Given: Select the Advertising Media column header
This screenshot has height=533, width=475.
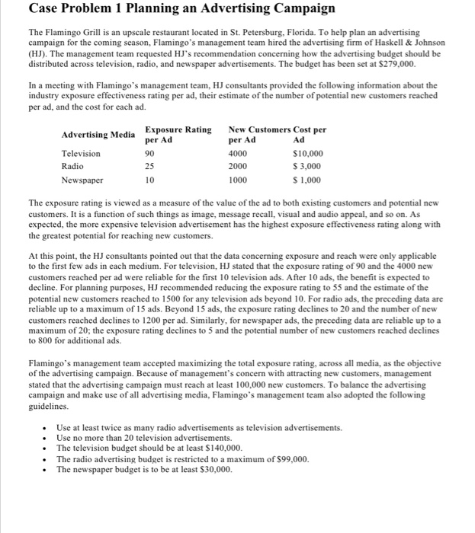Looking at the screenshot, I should click(x=98, y=135).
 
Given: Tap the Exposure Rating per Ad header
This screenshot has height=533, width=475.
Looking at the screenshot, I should click(x=178, y=135).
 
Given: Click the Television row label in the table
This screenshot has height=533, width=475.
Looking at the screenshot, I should click(x=81, y=154).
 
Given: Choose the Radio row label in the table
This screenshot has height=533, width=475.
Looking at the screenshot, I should click(x=72, y=167).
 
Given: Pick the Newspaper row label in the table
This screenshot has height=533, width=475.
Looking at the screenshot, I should click(x=82, y=180).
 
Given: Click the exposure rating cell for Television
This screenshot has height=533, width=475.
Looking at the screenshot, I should click(x=150, y=154).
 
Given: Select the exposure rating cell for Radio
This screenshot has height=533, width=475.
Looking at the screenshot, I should click(x=150, y=167).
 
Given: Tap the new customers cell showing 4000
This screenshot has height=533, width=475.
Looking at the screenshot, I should click(x=238, y=154).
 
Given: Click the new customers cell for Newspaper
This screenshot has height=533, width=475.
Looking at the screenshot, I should click(x=238, y=180).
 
